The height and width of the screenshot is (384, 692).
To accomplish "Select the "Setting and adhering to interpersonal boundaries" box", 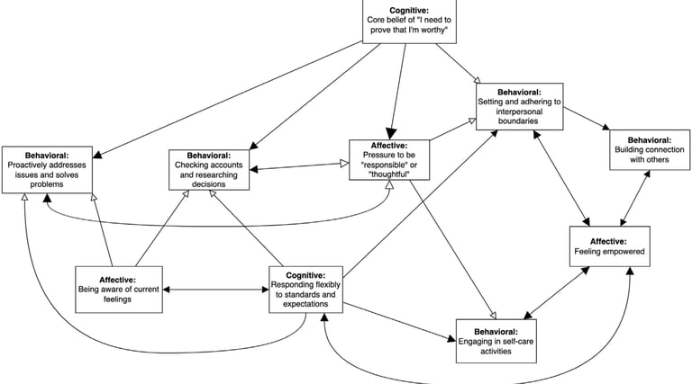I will click(x=521, y=105).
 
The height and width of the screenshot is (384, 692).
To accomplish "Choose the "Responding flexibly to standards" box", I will click(x=305, y=288).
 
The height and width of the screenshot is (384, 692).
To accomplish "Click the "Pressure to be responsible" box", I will click(x=390, y=159).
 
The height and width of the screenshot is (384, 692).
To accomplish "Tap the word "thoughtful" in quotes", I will click(x=390, y=174).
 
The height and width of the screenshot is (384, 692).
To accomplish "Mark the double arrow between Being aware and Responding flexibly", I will click(x=215, y=290).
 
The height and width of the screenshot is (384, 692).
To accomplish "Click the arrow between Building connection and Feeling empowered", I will click(x=635, y=197).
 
